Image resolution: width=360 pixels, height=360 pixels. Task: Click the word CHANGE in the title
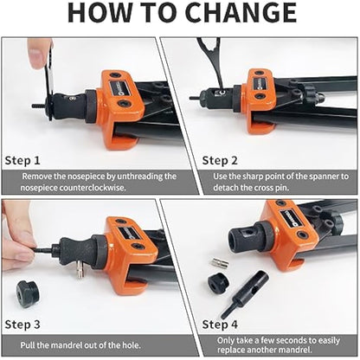point(241,13)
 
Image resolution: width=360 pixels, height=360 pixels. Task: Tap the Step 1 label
point(22,160)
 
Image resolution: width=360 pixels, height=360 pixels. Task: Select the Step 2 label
point(220,160)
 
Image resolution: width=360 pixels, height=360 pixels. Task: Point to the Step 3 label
point(22,325)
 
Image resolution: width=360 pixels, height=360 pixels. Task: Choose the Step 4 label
point(220,325)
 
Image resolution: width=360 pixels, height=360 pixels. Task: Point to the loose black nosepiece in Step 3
point(28,292)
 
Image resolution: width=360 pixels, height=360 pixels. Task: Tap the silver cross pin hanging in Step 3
point(80,270)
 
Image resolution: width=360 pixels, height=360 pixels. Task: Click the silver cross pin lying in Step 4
point(221,263)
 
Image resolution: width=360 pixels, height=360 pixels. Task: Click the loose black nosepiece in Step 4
point(219,282)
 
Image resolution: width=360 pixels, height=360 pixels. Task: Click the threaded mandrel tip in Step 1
point(37,106)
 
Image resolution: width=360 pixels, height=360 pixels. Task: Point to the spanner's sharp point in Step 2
point(221,87)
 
